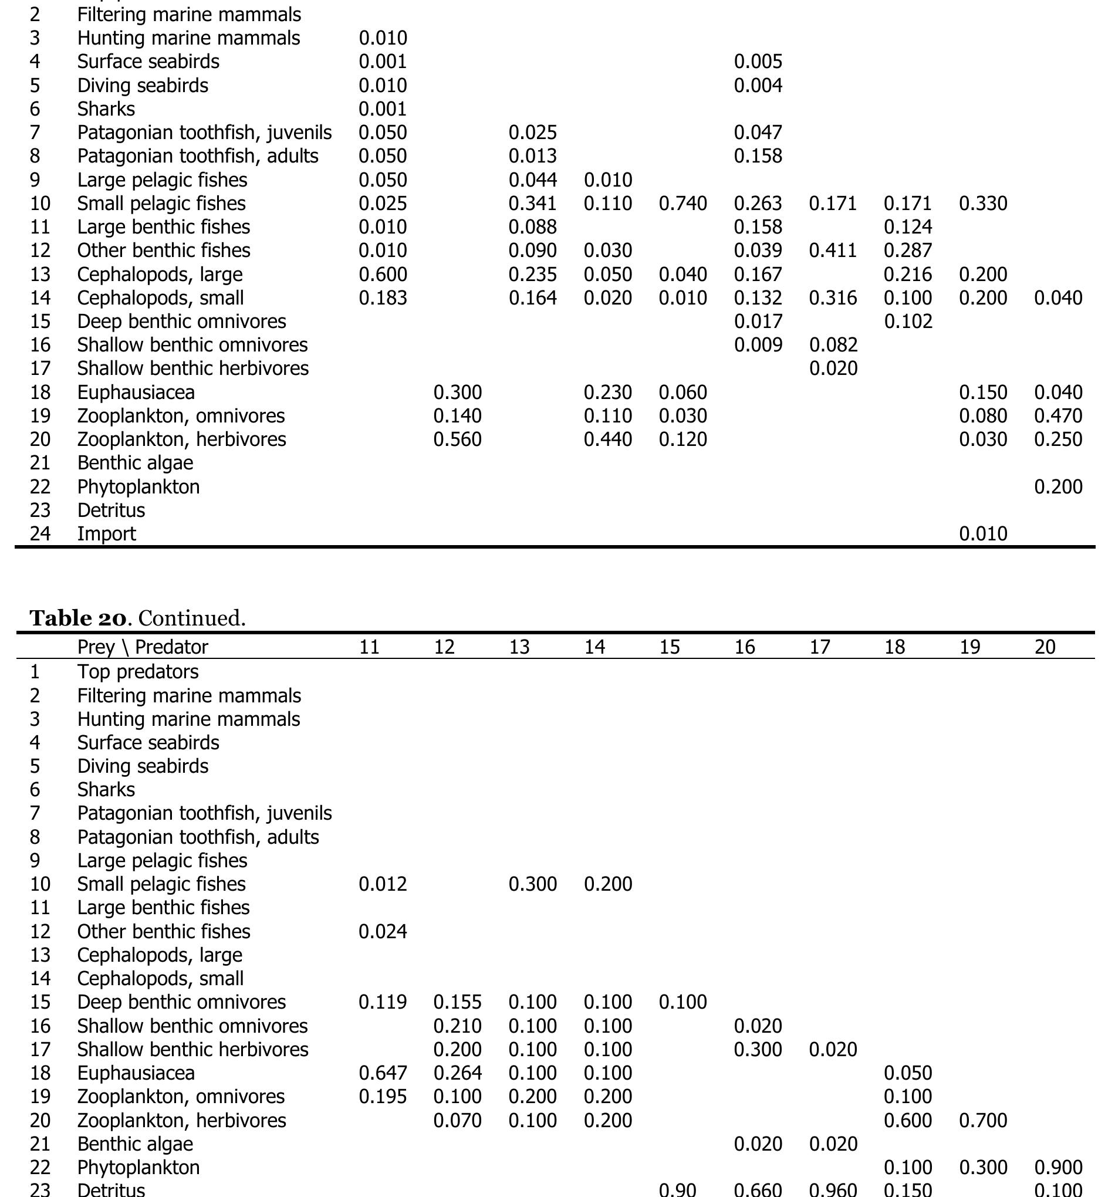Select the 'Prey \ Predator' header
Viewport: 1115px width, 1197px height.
[142, 647]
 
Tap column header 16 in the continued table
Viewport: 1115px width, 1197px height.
[744, 647]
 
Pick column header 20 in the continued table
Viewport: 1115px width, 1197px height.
[1045, 647]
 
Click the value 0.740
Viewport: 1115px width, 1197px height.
[682, 204]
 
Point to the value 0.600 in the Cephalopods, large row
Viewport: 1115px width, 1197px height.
[383, 275]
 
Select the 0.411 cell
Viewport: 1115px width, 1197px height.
[833, 251]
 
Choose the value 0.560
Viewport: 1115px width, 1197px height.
[458, 439]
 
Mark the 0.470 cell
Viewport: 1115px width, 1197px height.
[1058, 416]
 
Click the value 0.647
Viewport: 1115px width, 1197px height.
[383, 1073]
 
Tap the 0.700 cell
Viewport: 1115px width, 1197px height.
[982, 1120]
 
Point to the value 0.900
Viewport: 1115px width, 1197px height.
[1058, 1168]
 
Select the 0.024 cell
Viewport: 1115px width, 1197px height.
[383, 931]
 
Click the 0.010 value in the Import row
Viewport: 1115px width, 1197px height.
[982, 534]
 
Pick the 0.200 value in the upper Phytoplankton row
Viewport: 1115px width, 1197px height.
[1058, 486]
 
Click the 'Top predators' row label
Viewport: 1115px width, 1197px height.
[137, 671]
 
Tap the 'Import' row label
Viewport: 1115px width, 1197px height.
[106, 534]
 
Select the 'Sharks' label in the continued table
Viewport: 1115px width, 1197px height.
[106, 789]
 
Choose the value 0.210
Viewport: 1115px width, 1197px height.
[458, 1026]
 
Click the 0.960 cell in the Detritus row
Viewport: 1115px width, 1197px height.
[833, 1190]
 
